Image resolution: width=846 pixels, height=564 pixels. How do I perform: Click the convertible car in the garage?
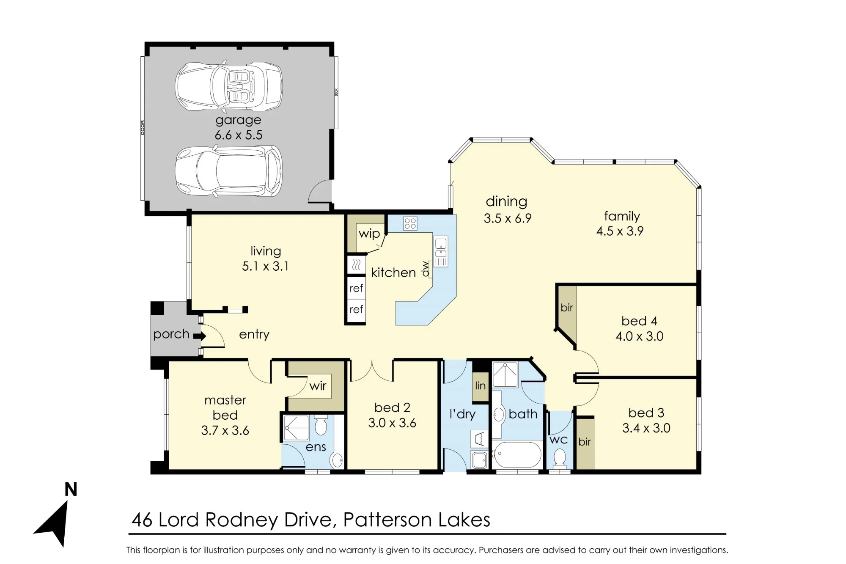pos(229,86)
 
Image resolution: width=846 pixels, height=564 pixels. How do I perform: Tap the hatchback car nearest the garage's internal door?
pos(229,171)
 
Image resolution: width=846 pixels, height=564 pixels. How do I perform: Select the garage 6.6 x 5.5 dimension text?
pos(239,135)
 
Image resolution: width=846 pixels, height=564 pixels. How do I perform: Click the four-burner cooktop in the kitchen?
pos(410,223)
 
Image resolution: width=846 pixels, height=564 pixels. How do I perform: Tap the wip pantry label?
pos(369,234)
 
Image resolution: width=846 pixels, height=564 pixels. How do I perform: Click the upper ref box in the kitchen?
pos(356,288)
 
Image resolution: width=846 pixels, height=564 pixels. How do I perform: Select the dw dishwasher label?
pos(425,269)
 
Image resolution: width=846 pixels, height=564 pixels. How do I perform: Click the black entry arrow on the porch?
pos(200,336)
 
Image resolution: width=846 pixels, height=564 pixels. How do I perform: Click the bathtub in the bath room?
pos(517,455)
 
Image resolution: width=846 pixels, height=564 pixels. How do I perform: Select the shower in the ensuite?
pos(296,428)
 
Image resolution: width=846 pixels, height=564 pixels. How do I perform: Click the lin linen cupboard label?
pos(480,386)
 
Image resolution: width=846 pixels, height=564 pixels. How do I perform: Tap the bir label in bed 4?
pos(567,308)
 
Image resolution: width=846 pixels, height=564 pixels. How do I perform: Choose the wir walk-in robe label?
pos(318,386)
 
